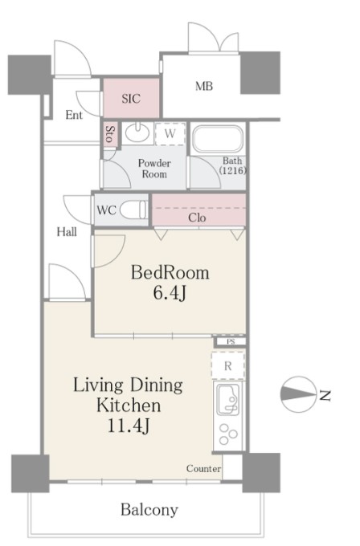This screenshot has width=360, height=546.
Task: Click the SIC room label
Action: [x=131, y=99]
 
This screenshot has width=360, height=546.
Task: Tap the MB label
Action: [x=204, y=86]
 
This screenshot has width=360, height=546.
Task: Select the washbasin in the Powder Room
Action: [x=137, y=132]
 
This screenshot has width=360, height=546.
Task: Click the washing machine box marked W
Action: [x=170, y=134]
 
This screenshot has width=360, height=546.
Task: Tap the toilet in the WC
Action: [x=133, y=210]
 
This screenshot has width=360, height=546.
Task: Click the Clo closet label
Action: [x=197, y=218]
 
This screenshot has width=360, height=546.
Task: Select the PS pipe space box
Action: [x=231, y=341]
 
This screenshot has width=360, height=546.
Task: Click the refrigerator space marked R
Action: [x=228, y=365]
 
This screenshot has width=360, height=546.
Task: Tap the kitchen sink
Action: [x=228, y=399]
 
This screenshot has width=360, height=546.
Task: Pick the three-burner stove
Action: [x=228, y=434]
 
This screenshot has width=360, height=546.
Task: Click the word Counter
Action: [x=203, y=468]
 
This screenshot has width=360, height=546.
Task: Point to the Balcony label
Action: [x=149, y=510]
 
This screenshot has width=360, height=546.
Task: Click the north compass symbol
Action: [x=299, y=394]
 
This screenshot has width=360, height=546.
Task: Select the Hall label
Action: [x=67, y=232]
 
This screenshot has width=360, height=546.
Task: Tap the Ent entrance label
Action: [x=74, y=115]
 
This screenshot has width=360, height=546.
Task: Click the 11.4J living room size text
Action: [x=129, y=426]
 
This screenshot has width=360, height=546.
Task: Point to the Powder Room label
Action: [x=154, y=169]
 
